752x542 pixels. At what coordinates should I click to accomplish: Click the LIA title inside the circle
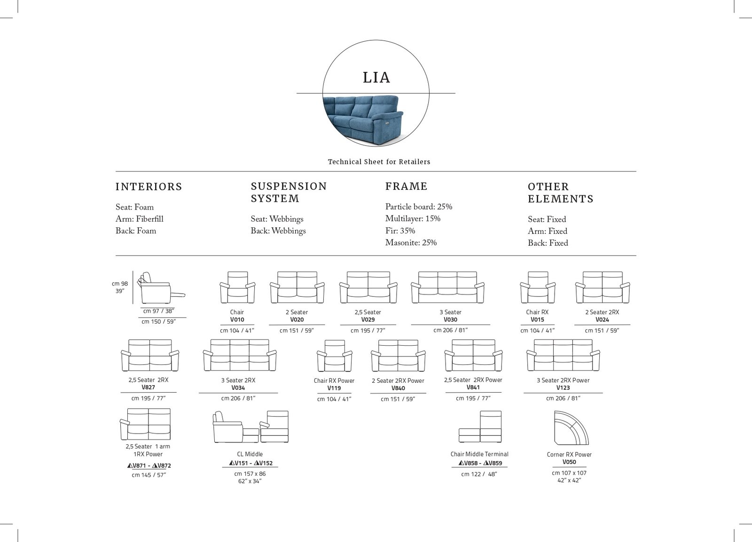(376, 77)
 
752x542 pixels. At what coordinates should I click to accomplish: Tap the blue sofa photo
(363, 120)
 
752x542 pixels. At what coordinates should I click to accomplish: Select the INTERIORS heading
(149, 187)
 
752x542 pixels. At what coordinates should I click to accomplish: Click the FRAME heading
(406, 186)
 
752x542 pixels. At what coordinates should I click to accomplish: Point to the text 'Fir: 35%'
(400, 231)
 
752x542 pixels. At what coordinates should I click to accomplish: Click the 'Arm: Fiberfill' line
(139, 219)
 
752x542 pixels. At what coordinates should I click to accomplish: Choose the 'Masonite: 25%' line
(411, 242)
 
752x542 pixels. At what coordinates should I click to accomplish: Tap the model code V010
(237, 320)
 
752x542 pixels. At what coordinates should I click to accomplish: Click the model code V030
(450, 320)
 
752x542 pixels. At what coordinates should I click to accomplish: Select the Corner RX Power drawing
(571, 428)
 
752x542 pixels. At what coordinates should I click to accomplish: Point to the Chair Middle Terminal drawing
(480, 426)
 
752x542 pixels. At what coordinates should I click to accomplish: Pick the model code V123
(563, 388)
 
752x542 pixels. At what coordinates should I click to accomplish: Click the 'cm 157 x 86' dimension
(250, 474)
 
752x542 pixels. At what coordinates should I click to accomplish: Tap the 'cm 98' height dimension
(120, 284)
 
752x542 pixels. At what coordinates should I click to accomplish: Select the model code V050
(569, 462)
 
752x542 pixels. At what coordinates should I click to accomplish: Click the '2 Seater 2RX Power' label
(398, 381)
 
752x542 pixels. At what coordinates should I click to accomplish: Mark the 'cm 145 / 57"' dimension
(149, 475)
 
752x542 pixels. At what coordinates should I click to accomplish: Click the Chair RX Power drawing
(334, 356)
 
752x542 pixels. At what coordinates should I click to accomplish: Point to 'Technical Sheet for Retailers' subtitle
(379, 162)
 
